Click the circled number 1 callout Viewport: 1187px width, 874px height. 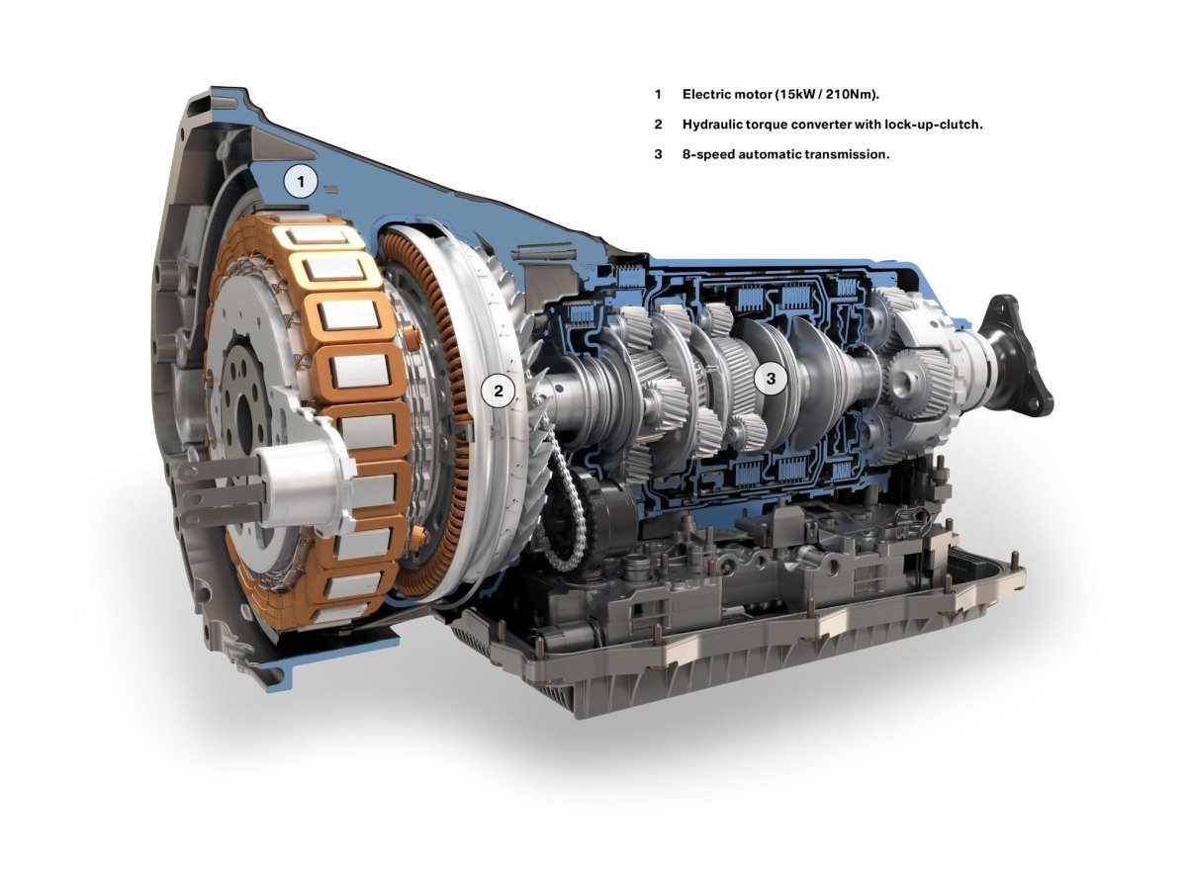[x=301, y=182]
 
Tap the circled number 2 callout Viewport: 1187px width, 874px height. [x=499, y=391]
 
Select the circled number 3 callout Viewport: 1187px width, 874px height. [x=771, y=377]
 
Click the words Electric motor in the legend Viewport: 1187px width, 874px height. [x=728, y=95]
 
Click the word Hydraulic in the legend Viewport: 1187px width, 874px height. [x=714, y=125]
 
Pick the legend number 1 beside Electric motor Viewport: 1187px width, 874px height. [x=658, y=95]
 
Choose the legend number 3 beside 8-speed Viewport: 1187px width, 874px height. [x=658, y=154]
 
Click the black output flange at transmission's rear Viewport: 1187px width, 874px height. [x=1019, y=356]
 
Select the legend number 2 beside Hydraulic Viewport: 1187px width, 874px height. [x=658, y=125]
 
